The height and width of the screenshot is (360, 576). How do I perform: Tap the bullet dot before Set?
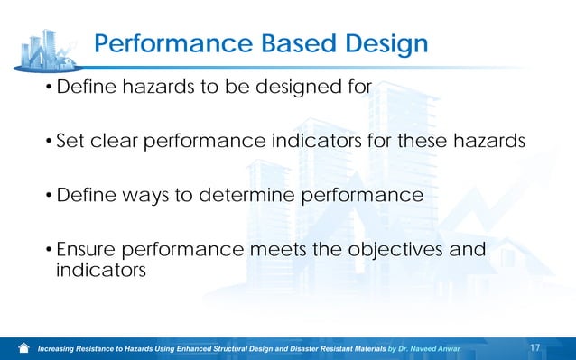coord(48,142)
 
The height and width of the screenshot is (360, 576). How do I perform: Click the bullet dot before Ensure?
coord(48,248)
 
